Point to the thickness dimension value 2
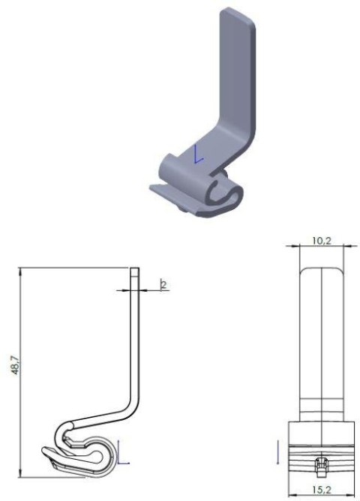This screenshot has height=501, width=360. [161, 283]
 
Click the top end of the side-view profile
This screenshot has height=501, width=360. [135, 271]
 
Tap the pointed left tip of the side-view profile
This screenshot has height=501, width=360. [43, 451]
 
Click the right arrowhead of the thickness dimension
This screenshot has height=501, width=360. [142, 289]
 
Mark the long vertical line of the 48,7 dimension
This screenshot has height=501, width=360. [20, 371]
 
